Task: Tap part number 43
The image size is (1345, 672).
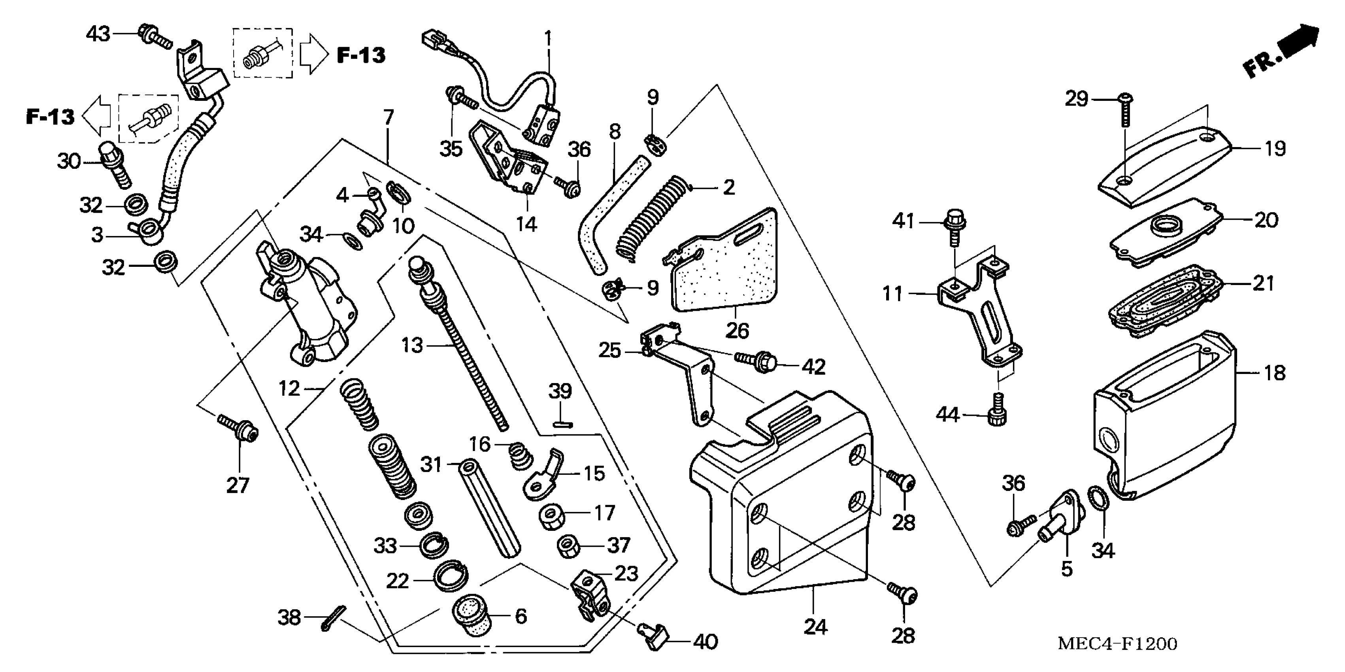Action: pos(98,34)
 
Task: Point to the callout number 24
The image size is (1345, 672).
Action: pos(815,627)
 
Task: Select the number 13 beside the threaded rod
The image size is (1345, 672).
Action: pos(412,345)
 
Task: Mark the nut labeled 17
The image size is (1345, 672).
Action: pos(550,516)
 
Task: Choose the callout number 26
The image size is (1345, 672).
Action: pos(737,330)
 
